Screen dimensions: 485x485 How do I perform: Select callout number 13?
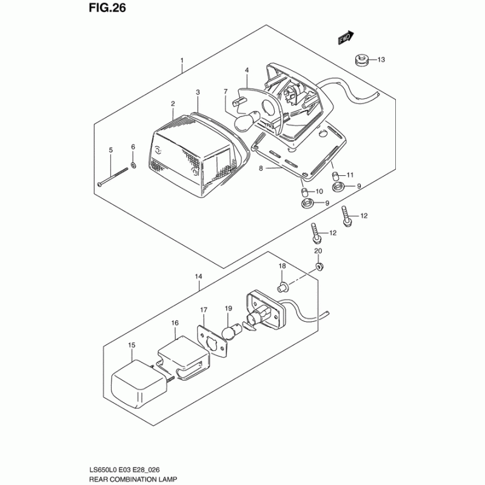(x=381, y=59)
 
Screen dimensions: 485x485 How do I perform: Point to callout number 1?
(x=181, y=61)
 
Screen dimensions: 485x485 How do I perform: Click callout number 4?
(x=247, y=70)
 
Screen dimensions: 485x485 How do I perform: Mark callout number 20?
(x=318, y=251)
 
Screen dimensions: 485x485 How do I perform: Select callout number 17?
(x=204, y=310)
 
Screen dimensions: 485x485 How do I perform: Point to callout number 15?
(x=132, y=346)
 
